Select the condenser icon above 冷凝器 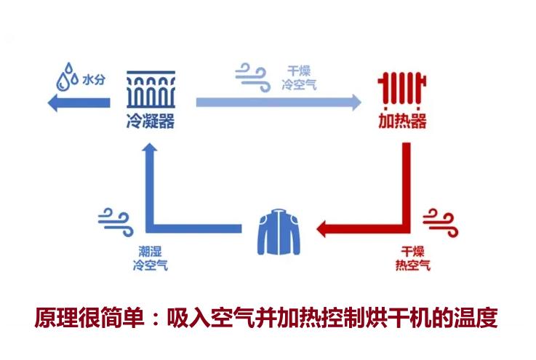pyautogui.click(x=150, y=89)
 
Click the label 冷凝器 pyautogui.click(x=150, y=121)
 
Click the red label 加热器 pyautogui.click(x=402, y=121)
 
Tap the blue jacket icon pyautogui.click(x=278, y=231)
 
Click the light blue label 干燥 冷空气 pyautogui.click(x=299, y=79)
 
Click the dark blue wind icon pyautogui.click(x=114, y=217)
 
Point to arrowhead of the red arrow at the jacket pyautogui.click(x=323, y=231)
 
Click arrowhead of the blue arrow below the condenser pyautogui.click(x=150, y=149)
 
